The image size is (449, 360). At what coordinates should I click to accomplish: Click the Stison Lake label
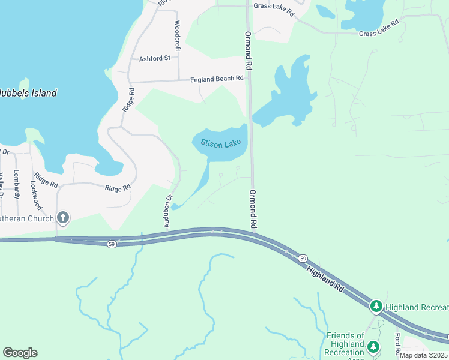220,144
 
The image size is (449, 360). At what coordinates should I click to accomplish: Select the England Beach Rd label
217,79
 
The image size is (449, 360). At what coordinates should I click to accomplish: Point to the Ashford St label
155,58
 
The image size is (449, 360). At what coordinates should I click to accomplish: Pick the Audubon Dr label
169,211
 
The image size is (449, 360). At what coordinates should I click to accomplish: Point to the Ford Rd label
397,344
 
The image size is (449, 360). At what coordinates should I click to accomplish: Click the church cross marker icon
62,218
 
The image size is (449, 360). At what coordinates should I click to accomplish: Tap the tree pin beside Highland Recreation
376,307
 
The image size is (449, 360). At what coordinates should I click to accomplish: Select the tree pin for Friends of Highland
373,347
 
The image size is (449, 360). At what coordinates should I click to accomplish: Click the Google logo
20,353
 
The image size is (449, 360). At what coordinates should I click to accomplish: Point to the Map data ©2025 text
424,355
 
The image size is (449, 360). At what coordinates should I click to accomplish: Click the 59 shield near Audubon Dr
112,244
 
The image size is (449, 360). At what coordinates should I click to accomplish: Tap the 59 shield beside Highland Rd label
303,257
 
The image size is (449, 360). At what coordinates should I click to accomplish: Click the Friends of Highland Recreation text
345,344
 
